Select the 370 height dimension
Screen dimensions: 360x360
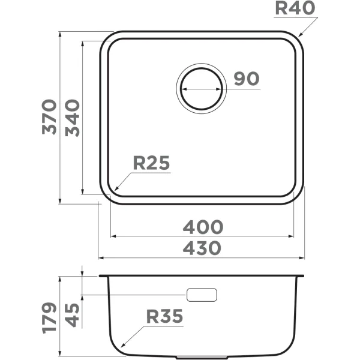coord(49,117)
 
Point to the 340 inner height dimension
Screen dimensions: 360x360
coord(72,117)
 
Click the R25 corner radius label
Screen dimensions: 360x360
coord(151,163)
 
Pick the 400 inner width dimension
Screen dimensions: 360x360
coord(203,227)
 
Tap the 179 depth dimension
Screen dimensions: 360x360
coord(49,317)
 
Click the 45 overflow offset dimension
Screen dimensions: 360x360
coord(72,314)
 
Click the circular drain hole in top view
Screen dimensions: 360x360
coord(202,88)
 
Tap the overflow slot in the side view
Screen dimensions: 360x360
coord(202,295)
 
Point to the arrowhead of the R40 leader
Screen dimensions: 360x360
coord(299,37)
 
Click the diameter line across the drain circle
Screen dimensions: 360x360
coord(202,89)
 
